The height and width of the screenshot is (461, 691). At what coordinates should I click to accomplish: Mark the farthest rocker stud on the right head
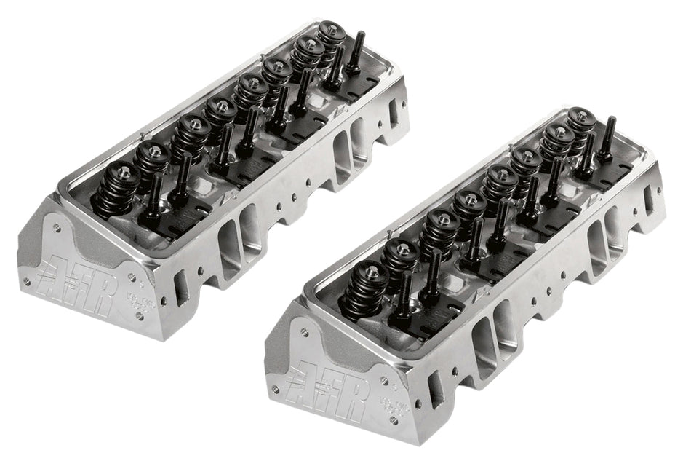click(x=607, y=138)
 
